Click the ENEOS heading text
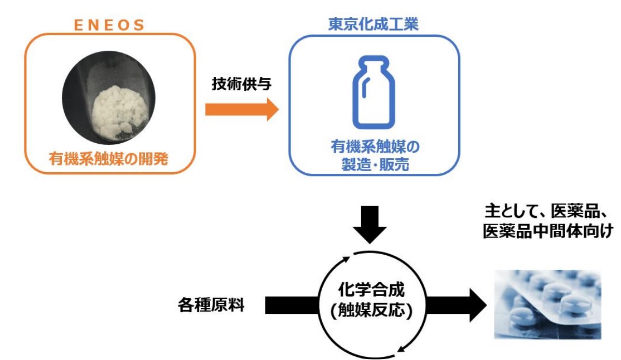109,25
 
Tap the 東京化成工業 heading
374,24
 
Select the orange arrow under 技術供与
242,109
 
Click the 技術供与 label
241,84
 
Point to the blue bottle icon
374,93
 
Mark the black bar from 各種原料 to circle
291,305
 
